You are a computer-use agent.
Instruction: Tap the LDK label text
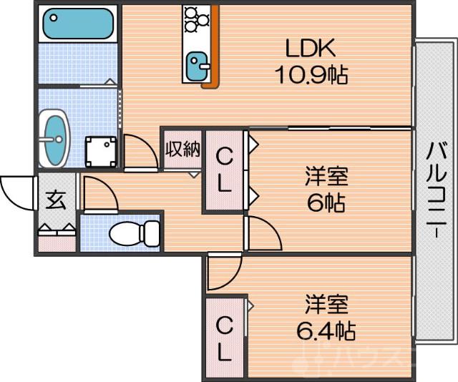coord(310,49)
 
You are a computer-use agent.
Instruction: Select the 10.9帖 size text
coord(310,74)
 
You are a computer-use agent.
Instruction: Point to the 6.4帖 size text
coord(326,330)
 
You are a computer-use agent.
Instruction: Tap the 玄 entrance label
coord(55,200)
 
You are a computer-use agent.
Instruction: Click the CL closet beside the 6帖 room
coord(224,172)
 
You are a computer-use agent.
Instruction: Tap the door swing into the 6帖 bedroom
coord(262,235)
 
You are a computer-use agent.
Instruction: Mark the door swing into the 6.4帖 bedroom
coord(223,275)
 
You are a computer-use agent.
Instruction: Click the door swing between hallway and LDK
coord(140,152)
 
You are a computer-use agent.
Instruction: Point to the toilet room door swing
coord(98,193)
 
